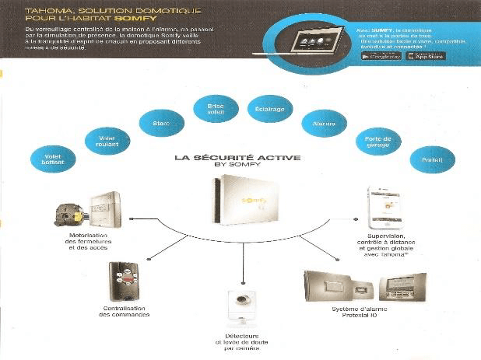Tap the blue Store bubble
154,123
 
